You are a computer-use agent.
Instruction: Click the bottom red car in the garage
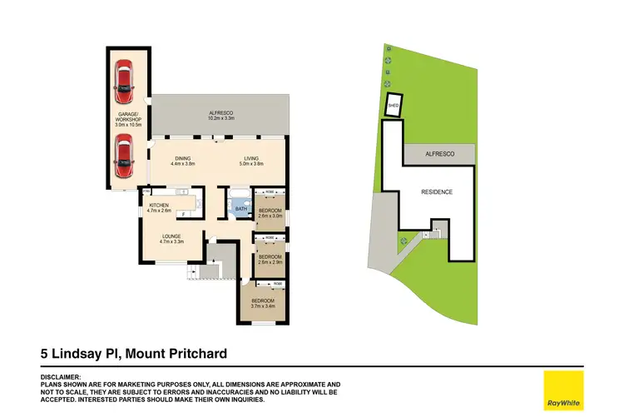tap(123, 156)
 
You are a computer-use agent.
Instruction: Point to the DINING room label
tap(182, 161)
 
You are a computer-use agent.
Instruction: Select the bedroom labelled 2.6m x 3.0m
tap(270, 213)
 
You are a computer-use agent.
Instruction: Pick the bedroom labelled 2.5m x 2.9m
tap(270, 259)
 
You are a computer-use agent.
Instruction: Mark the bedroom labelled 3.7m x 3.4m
tap(264, 303)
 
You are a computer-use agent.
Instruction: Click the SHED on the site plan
tap(394, 107)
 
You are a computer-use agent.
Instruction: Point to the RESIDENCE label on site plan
tap(436, 192)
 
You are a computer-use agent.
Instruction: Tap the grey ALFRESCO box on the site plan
tap(438, 155)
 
